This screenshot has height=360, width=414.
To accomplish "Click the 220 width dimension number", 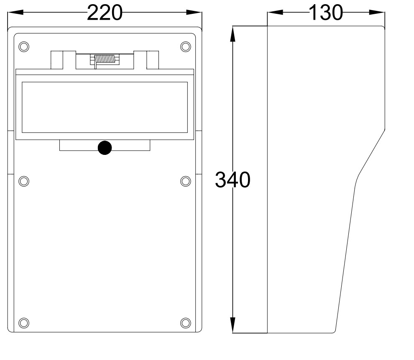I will pos(105,13).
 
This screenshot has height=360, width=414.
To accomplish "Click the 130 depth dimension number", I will pos(325,13).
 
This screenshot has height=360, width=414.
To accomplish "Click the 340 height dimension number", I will pos(233,180).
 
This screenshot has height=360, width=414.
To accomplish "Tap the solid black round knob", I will pos(105,148).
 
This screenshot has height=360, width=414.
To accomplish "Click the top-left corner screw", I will pos(24,46).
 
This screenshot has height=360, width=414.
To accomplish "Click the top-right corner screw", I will pos(186,46).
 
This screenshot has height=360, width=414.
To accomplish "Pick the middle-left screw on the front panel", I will pos(24,181).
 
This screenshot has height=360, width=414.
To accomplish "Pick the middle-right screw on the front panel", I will pos(186,181).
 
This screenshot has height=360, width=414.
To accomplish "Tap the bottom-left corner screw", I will pos(24,322).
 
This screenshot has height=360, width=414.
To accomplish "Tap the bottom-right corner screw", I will pos(186,322).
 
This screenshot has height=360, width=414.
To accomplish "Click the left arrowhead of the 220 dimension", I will pos(14,13).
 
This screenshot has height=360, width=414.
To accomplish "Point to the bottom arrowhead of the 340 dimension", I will pos(233,326).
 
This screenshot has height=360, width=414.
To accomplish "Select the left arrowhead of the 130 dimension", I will pos(274,13).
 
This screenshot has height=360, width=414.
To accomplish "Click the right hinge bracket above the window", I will pos(153,59).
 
